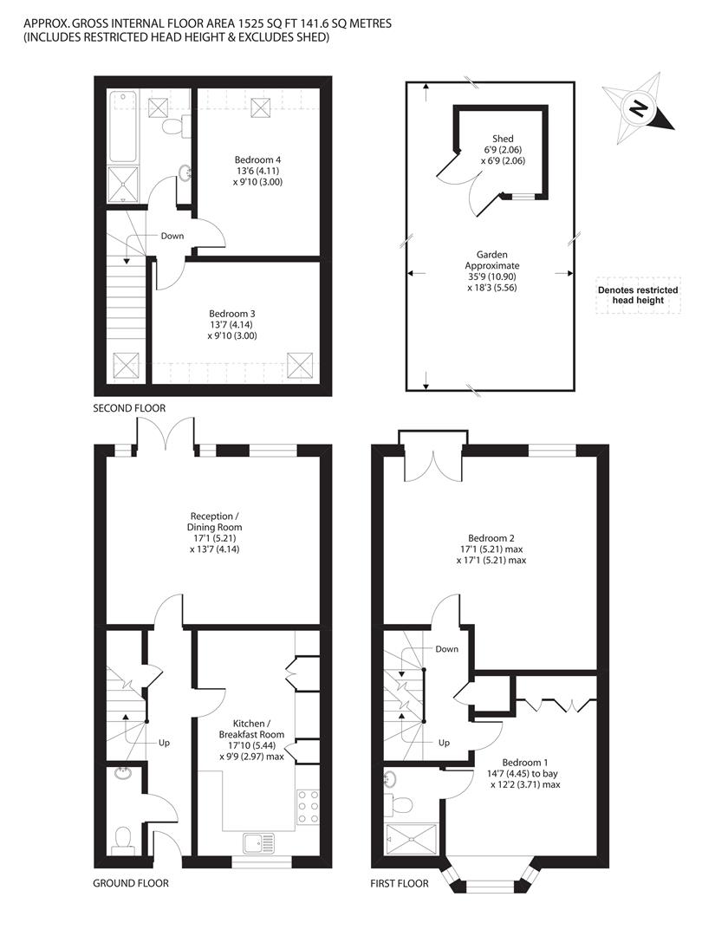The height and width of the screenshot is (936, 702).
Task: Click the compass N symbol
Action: (637, 110)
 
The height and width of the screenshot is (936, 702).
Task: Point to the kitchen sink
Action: (257, 842)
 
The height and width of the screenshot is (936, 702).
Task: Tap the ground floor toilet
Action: (123, 839)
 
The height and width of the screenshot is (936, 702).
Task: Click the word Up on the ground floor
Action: (164, 743)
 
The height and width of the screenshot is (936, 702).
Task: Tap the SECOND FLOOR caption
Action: (129, 407)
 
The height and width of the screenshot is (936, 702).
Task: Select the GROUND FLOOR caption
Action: (130, 884)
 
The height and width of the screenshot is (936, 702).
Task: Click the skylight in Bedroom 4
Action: (260, 107)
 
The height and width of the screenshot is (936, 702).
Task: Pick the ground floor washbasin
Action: (123, 775)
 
